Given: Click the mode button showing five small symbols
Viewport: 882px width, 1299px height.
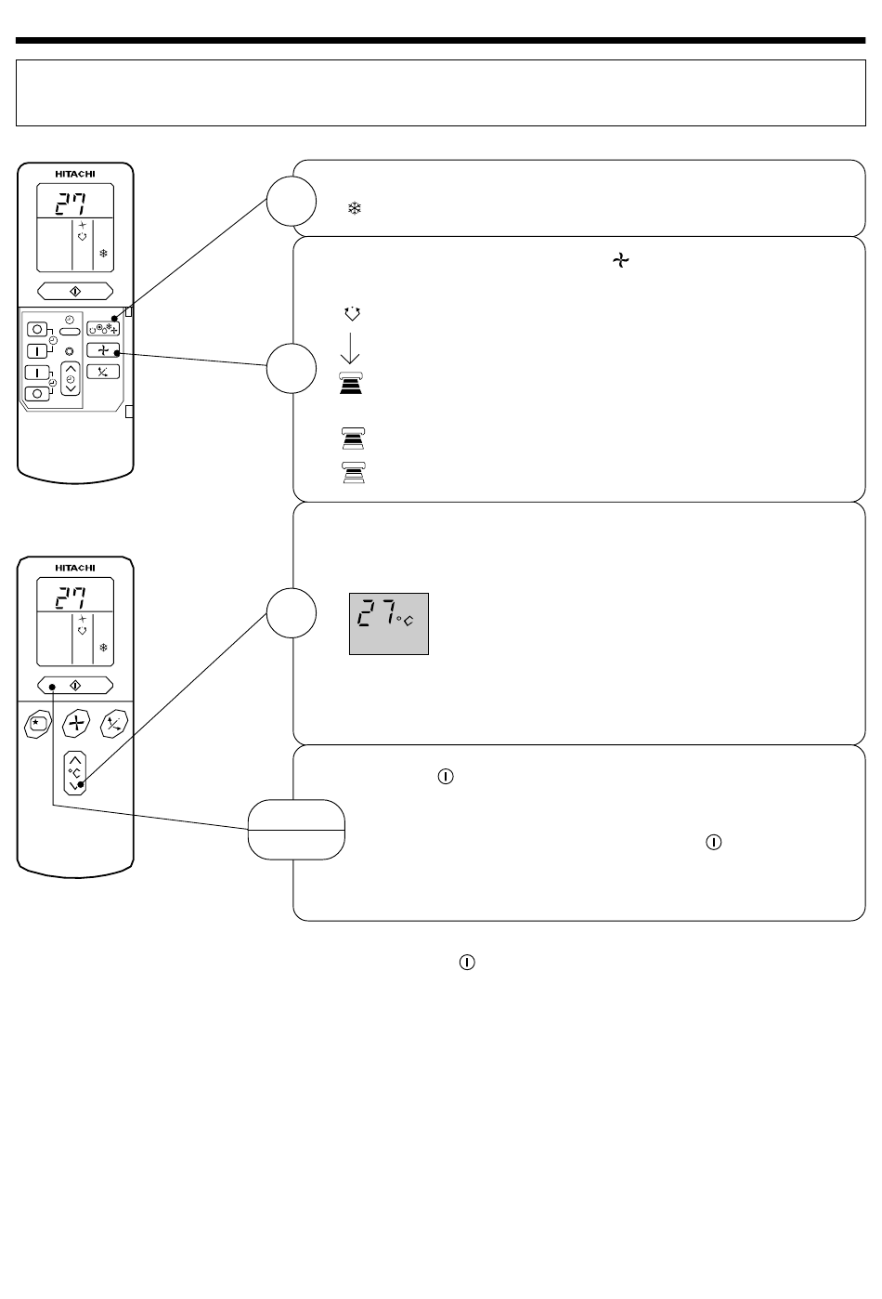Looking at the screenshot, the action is [103, 329].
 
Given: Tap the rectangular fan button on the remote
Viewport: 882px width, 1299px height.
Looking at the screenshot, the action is [103, 350].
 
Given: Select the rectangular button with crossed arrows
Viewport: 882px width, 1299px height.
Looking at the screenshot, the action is [103, 372].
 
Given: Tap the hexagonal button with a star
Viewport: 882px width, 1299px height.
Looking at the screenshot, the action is [38, 724].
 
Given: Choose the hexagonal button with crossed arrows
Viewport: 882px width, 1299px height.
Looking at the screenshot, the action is [113, 724].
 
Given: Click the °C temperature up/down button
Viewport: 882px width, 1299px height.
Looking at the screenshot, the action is [75, 773].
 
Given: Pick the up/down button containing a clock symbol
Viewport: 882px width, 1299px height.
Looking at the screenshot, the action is [71, 379].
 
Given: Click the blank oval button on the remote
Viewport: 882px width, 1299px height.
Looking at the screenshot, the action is [70, 332].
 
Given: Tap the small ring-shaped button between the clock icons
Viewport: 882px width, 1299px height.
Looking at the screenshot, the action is [70, 351].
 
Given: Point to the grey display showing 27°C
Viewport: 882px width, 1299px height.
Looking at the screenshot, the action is [389, 624].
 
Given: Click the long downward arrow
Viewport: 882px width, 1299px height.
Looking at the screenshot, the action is [350, 348].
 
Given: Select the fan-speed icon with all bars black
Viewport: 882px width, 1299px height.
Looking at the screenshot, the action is [351, 384].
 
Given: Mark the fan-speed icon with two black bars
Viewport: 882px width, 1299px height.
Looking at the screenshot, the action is [353, 439].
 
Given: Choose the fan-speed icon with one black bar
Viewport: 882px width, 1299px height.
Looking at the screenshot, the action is [353, 473].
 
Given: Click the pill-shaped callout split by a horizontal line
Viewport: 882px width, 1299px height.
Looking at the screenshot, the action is [296, 830].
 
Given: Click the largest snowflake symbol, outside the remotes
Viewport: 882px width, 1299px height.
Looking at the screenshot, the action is [354, 208].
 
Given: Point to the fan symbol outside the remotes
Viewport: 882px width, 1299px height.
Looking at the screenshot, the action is [620, 260].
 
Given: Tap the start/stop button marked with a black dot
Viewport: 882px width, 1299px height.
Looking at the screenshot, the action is [75, 686].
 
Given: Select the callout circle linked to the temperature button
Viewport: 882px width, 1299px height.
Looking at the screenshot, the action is [291, 613].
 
